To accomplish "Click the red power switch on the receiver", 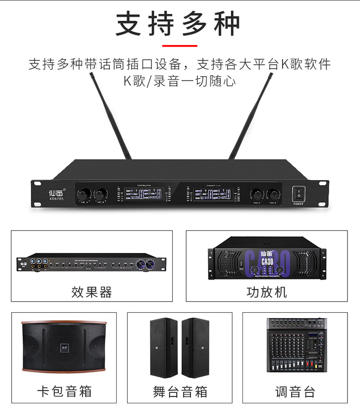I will click(x=298, y=194).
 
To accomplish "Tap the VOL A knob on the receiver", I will click(x=84, y=195).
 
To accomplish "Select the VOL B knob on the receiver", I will click(x=100, y=195).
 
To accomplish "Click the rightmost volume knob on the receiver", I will click(x=273, y=194).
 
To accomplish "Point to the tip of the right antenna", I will click(x=271, y=75).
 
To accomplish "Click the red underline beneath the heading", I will click(x=180, y=46).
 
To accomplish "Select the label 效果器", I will click(x=92, y=292).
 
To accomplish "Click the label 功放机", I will click(x=267, y=292).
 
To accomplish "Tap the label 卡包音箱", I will click(x=64, y=391).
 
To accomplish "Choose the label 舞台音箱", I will click(x=180, y=391).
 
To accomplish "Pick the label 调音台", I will click(x=295, y=391).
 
